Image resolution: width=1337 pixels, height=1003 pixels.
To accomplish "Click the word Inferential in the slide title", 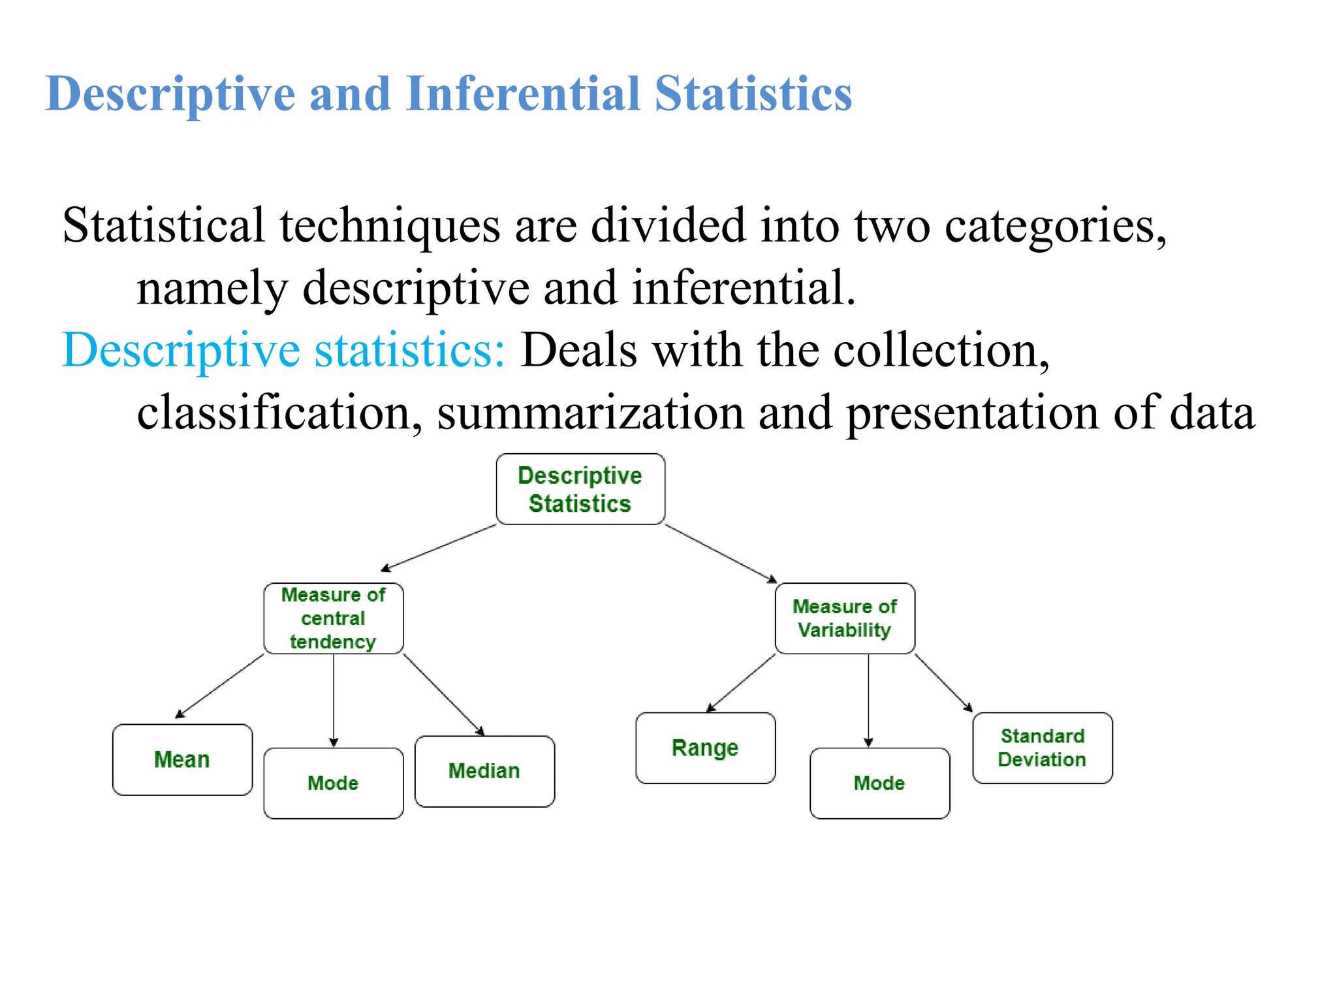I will (x=522, y=93).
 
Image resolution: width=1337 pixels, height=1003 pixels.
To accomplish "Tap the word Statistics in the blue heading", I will (x=753, y=93).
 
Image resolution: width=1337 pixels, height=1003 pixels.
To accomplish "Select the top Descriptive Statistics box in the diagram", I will (x=580, y=489).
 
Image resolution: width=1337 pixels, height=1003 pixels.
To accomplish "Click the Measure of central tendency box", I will (x=334, y=618).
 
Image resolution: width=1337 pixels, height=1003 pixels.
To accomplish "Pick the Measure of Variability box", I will (x=845, y=618).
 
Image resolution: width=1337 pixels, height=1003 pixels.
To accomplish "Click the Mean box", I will (x=182, y=759).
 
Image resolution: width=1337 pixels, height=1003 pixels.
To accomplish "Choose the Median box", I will (x=484, y=771).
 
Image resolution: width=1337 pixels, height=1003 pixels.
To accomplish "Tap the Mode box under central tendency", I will (x=334, y=783).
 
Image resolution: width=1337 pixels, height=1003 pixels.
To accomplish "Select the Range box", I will (x=705, y=748).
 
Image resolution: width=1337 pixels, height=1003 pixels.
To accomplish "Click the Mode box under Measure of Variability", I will (x=879, y=783).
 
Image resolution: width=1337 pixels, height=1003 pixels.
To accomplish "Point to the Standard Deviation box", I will (x=1042, y=748).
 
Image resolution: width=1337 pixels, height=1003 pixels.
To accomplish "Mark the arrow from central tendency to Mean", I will (x=220, y=686).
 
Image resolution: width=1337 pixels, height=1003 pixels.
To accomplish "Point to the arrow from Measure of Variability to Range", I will (x=742, y=682).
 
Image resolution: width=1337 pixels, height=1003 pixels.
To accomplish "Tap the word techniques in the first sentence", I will (x=390, y=225).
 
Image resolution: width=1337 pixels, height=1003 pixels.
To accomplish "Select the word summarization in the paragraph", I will (x=591, y=413).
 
